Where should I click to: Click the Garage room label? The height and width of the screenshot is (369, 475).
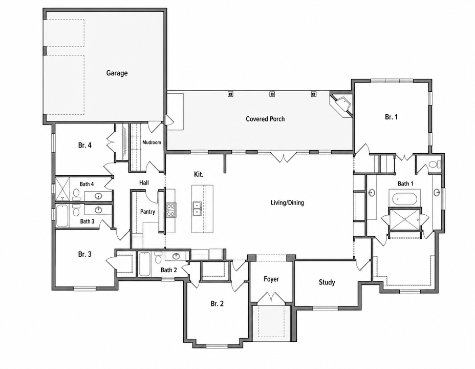tap(117, 73)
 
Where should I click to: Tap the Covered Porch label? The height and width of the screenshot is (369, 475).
tap(265, 119)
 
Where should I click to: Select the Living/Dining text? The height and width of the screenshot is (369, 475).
tap(287, 202)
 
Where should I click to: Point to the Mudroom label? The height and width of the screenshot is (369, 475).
tap(152, 142)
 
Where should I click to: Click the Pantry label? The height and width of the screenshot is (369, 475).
tap(147, 212)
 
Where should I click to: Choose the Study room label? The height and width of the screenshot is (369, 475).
tap(327, 282)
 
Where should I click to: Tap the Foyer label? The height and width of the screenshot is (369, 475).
tap(271, 279)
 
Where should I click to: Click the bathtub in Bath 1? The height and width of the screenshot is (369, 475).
tap(404, 199)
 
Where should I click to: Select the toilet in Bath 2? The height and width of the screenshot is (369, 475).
tap(158, 258)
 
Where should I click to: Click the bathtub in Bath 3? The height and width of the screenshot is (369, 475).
tap(62, 216)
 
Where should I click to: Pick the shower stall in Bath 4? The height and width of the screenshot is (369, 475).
tap(62, 189)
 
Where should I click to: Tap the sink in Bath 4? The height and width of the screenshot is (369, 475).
tap(98, 196)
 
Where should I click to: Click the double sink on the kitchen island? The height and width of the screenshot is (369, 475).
tap(197, 209)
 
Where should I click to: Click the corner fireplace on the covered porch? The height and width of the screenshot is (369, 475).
tap(341, 105)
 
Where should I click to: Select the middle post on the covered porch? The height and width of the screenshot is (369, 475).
tap(272, 94)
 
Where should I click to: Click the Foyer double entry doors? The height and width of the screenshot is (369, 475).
tap(271, 297)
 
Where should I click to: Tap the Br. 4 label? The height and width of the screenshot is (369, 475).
tap(85, 145)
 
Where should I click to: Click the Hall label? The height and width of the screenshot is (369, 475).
tap(144, 182)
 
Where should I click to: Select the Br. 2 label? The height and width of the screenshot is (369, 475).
tap(217, 303)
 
